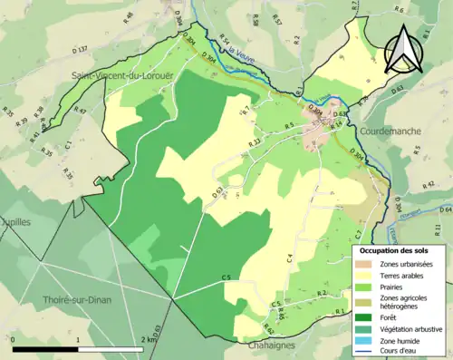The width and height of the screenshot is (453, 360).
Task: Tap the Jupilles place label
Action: point(16,220)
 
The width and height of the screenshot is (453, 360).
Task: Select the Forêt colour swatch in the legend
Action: point(362,316)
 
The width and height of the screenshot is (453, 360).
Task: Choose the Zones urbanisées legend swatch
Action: point(362,263)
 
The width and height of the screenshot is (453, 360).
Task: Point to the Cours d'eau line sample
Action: point(362,349)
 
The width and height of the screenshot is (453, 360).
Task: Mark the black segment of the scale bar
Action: point(45,347)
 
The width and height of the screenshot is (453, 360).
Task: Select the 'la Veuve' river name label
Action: point(241,51)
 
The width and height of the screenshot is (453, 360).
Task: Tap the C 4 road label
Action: point(290,258)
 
